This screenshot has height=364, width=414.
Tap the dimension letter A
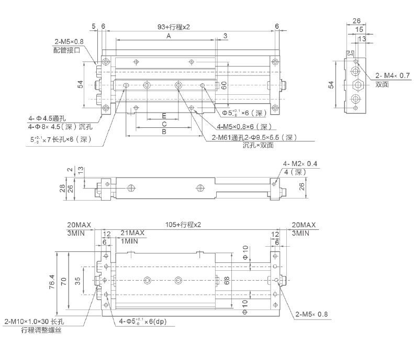[x=169, y=36]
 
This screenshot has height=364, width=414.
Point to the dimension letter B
[x=163, y=133]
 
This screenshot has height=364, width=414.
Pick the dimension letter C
[x=164, y=124]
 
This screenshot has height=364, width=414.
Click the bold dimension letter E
[x=164, y=115]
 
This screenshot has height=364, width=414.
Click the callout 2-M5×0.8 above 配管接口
[x=69, y=42]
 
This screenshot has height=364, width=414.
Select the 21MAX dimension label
[x=132, y=233]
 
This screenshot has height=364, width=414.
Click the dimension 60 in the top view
[x=223, y=86]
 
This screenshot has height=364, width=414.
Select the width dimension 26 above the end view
[x=356, y=21]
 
